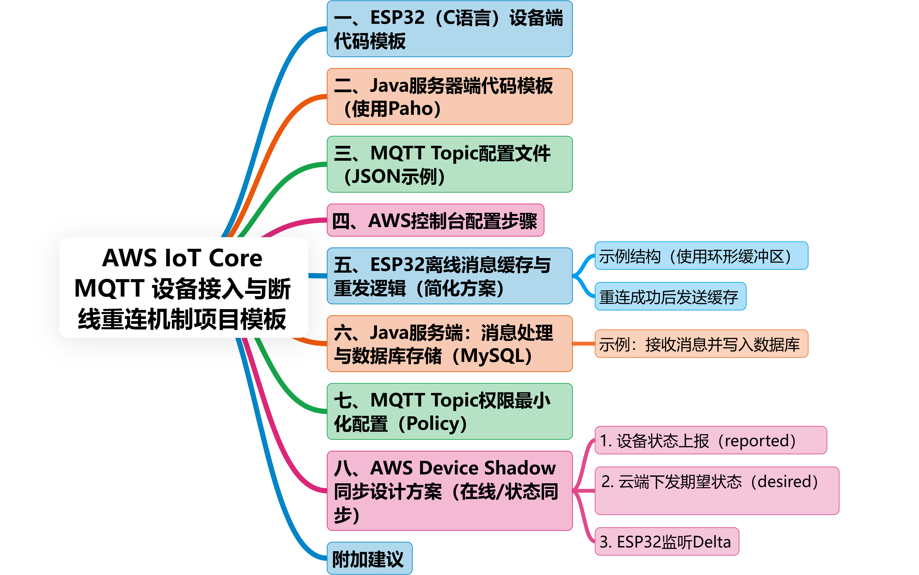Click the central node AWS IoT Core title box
point(183,287)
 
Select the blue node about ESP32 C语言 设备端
point(449,29)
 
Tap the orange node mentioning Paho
point(449,97)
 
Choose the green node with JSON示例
point(449,164)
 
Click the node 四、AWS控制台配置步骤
point(435,221)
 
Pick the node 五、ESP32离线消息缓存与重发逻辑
point(449,276)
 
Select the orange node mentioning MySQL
point(449,344)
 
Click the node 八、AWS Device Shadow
point(449,491)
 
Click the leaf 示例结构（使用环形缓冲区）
point(701,256)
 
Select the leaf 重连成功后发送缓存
point(670,297)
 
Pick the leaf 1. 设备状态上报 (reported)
point(710,440)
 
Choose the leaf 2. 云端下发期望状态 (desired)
point(716,491)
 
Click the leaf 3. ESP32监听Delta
point(666,542)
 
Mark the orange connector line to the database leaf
point(583,344)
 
